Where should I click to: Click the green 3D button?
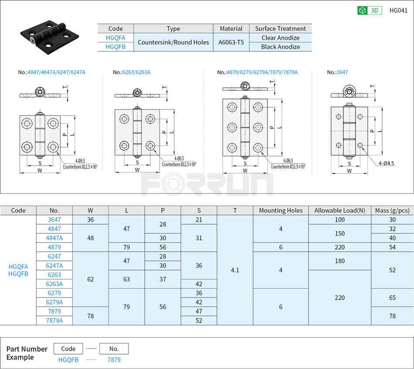[370, 10]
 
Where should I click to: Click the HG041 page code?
[398, 10]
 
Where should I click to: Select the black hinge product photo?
[47, 35]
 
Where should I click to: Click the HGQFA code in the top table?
[115, 38]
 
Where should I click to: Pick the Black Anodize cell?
[280, 47]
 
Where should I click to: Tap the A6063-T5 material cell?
[231, 42]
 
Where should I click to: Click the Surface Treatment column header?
[280, 29]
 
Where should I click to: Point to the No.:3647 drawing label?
[337, 72]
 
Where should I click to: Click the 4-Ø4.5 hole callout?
[386, 163]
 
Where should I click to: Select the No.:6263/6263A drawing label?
[132, 72]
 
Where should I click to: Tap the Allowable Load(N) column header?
[339, 211]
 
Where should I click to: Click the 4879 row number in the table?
[54, 247]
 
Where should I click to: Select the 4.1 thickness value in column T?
[235, 270]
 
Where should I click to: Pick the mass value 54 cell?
[392, 247]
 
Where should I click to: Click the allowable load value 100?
[339, 220]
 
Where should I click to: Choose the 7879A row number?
[54, 321]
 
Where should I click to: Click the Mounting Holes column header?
[281, 211]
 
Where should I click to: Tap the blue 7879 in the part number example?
[114, 360]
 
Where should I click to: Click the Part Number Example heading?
[27, 353]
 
